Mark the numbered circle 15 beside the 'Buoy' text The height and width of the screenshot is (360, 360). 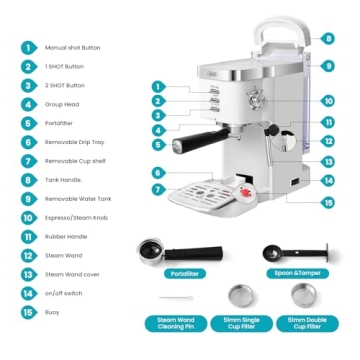pos(27,311)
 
